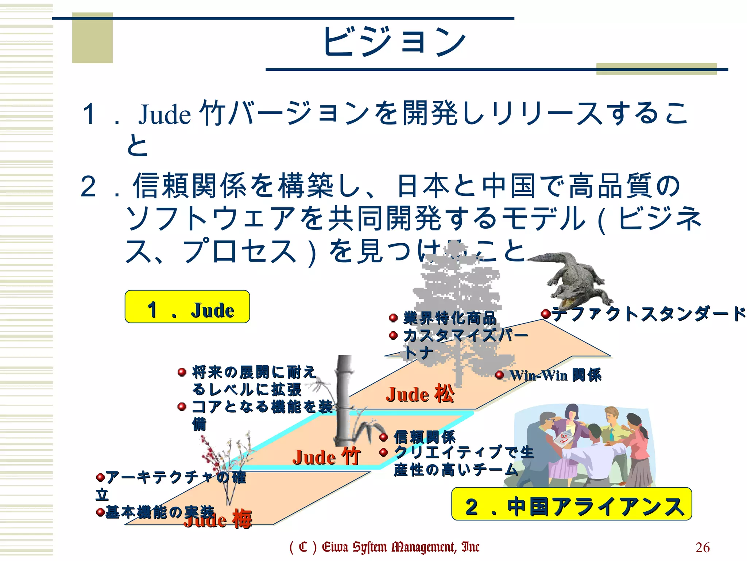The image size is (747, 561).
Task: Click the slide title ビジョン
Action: pos(394,42)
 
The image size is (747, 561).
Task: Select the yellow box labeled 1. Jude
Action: pos(187,307)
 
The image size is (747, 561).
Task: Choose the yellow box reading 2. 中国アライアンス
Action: pos(572,504)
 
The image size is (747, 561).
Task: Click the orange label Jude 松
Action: pos(420,394)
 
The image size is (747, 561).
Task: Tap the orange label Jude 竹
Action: pos(327,457)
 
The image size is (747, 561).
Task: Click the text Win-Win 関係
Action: pos(556,375)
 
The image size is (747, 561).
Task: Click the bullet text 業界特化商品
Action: pos(450,318)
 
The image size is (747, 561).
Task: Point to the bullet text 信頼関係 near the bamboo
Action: pos(425,437)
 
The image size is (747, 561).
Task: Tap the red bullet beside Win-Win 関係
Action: pos(500,375)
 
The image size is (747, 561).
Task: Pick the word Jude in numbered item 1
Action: pos(165,114)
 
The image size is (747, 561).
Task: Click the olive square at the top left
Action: pos(92,38)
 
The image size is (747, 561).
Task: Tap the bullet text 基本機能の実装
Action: pos(160,512)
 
